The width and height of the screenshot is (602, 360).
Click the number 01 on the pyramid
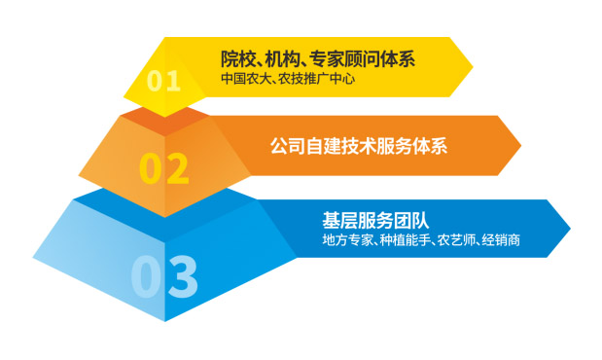[164, 79]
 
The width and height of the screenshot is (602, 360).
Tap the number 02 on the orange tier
[162, 167]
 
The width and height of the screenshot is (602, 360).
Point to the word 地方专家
[346, 239]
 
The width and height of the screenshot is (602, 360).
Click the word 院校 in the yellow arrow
[235, 58]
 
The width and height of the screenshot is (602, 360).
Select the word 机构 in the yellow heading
[283, 58]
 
